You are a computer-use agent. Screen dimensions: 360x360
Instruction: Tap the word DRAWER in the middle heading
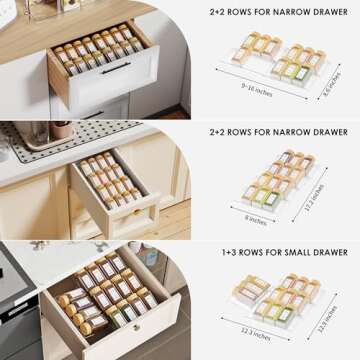(327, 131)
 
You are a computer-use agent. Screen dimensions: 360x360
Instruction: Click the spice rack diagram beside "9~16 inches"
(276, 59)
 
